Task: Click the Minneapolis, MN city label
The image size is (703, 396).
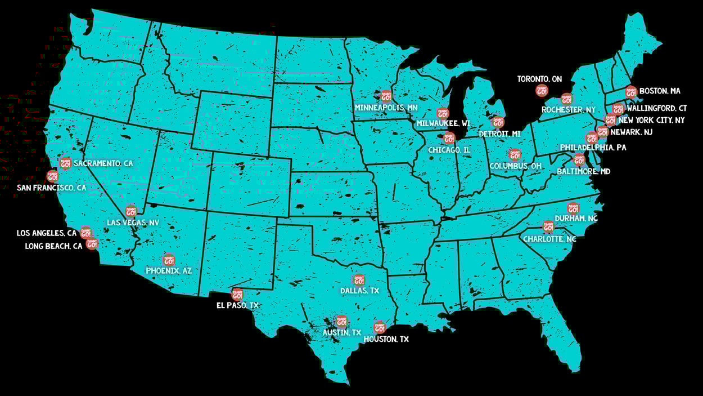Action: (x=386, y=108)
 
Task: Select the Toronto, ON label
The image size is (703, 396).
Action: (x=539, y=79)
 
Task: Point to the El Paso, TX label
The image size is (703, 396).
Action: (x=237, y=305)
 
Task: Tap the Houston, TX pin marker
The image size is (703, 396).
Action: (x=380, y=327)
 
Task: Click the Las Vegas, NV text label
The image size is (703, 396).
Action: (x=133, y=223)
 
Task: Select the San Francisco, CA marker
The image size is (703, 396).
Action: (x=52, y=176)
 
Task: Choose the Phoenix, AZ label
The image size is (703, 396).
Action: (x=169, y=271)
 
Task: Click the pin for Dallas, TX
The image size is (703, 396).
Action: (x=359, y=279)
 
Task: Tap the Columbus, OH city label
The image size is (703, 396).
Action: (x=516, y=166)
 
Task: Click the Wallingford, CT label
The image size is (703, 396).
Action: (x=656, y=108)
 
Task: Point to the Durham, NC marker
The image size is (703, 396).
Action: (x=573, y=208)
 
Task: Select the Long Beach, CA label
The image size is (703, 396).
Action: (x=53, y=246)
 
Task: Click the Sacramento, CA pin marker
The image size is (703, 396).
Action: (x=66, y=163)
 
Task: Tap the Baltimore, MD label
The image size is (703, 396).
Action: (x=583, y=171)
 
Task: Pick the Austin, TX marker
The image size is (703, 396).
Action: (x=341, y=322)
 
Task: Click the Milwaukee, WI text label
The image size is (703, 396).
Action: (x=443, y=123)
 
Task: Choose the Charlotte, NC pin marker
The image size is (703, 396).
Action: (x=548, y=226)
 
